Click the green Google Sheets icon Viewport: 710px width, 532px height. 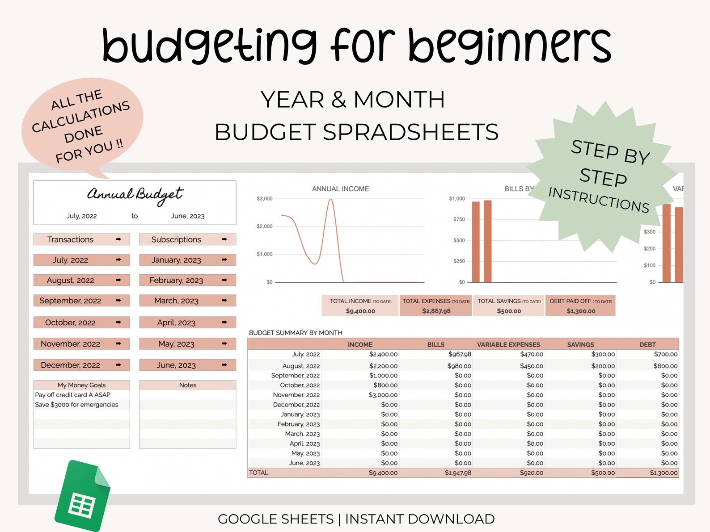(82, 496)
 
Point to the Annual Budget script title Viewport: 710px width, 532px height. (135, 195)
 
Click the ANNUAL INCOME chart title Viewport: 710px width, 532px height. (340, 189)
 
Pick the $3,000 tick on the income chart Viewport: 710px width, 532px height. (264, 199)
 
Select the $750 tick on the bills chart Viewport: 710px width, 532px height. (459, 219)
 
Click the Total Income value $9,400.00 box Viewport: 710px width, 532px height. (360, 311)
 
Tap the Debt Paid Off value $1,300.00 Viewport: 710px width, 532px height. (581, 311)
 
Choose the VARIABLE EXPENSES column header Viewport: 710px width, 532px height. (508, 344)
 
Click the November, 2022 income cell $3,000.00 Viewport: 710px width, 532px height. (383, 395)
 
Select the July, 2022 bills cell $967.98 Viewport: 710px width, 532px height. (460, 354)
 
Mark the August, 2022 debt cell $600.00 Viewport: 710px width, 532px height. (665, 366)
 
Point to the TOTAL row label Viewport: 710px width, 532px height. (259, 473)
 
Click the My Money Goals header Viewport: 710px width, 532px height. (81, 385)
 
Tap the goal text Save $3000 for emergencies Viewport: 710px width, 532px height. (76, 405)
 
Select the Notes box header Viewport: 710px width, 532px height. (188, 385)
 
